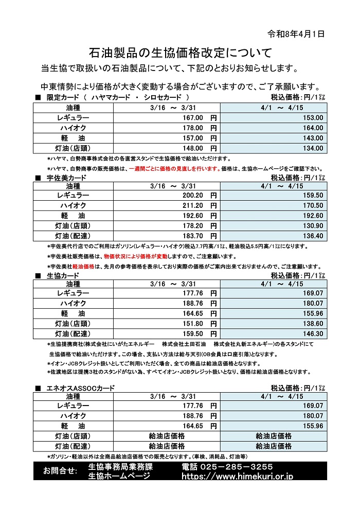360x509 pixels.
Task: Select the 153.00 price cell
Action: tap(313, 118)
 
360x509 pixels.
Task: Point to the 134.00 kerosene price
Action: tap(313, 148)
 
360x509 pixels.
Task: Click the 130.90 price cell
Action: tap(313, 226)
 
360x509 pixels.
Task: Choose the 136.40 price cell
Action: tap(313, 236)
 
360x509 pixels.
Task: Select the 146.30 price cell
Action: tap(313, 334)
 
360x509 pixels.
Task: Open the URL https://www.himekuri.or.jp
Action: tap(238, 477)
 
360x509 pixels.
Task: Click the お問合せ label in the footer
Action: tap(60, 471)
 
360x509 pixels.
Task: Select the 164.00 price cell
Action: tap(313, 128)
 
